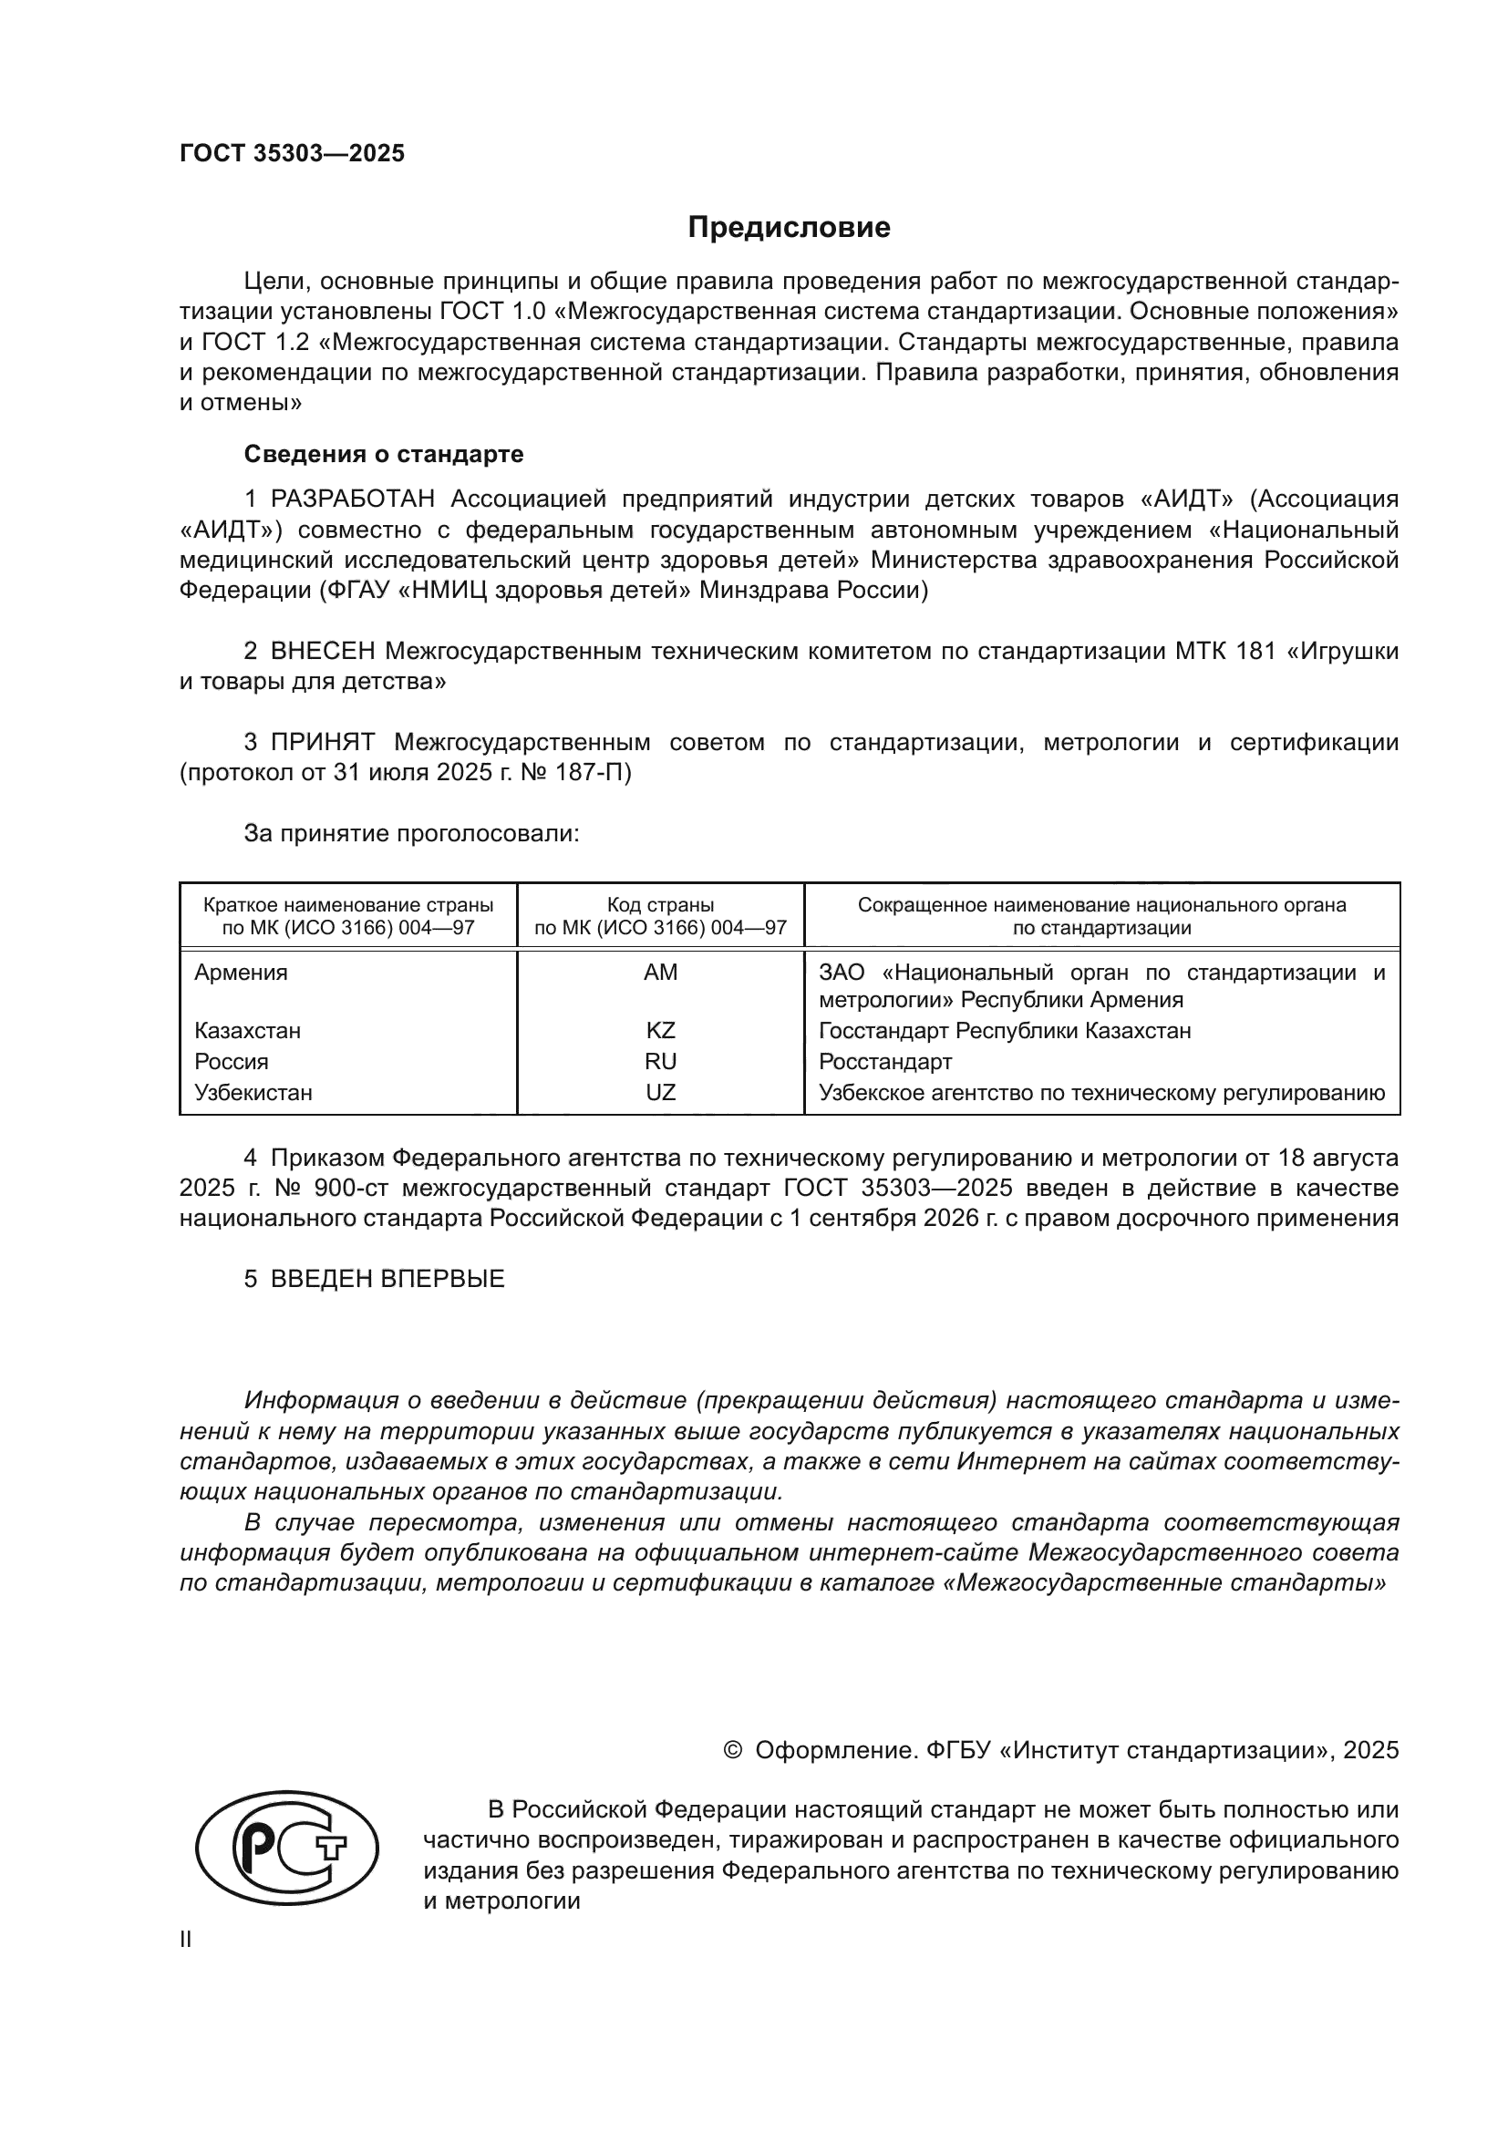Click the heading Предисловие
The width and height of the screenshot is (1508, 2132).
(789, 228)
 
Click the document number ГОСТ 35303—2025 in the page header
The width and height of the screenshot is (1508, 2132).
(293, 153)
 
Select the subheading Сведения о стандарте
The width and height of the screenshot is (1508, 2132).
(384, 454)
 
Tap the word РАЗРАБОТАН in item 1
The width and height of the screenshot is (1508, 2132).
(353, 500)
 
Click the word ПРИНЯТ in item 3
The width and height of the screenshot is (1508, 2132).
(323, 742)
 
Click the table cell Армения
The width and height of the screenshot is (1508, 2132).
(241, 973)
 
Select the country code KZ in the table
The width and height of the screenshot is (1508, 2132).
(660, 1031)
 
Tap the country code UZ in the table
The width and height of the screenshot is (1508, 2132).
(660, 1092)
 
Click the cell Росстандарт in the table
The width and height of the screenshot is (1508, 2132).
(885, 1061)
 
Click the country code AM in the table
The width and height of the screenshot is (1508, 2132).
(660, 973)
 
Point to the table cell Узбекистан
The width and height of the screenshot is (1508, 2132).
(253, 1092)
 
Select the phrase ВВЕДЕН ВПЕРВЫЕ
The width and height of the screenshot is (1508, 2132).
(387, 1279)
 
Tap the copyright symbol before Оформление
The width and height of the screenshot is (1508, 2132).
(732, 1750)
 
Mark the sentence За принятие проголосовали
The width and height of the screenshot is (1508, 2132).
(411, 833)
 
